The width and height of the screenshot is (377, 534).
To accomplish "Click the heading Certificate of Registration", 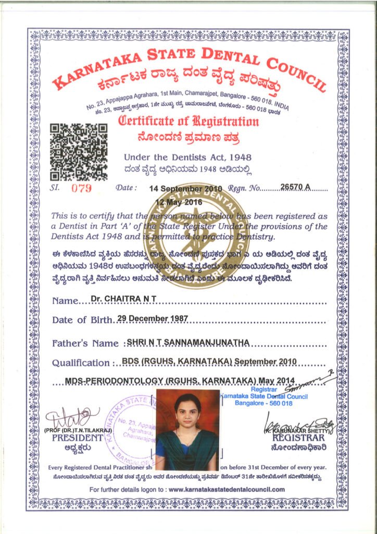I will coord(189,122).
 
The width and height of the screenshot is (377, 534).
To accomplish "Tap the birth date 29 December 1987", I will coord(148,318).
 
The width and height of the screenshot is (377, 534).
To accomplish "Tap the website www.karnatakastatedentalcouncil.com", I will coord(227,489).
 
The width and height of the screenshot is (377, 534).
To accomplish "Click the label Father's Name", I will coord(86,343).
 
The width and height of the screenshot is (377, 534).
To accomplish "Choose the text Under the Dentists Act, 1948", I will coord(187,157).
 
